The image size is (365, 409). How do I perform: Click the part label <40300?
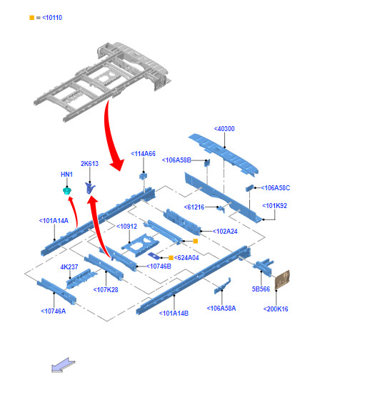click(224, 129)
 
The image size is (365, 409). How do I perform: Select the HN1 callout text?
click(66, 175)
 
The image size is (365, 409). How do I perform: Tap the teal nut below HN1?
click(67, 191)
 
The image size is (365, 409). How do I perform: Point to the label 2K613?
click(90, 164)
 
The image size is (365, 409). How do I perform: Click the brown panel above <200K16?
click(282, 280)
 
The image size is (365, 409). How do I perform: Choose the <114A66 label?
click(143, 154)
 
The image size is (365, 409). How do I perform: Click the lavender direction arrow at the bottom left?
click(64, 365)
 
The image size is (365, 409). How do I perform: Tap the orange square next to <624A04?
click(171, 258)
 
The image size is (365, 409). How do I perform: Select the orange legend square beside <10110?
click(32, 18)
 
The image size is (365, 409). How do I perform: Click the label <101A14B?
click(174, 314)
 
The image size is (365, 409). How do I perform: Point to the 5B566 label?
click(261, 289)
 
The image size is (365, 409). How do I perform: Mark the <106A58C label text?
click(276, 188)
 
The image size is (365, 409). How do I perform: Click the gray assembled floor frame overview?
click(102, 81)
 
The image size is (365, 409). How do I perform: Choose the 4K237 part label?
click(69, 267)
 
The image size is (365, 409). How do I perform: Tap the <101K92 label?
click(274, 206)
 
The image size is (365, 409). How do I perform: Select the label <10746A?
click(54, 311)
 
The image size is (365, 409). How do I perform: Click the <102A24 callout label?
click(225, 232)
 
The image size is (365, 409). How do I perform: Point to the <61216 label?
click(194, 207)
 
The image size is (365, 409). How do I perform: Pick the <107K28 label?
click(106, 290)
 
